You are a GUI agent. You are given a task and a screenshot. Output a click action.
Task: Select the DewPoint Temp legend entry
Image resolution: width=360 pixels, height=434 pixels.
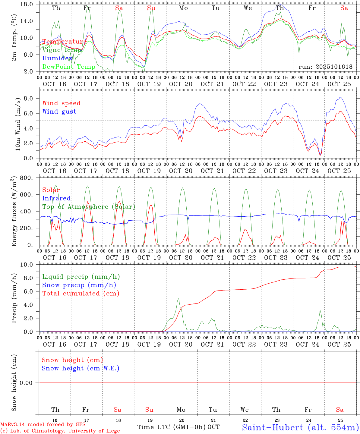pyautogui.click(x=69, y=67)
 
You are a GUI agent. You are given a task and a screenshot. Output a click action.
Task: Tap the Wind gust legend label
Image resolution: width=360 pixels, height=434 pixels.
pyautogui.click(x=59, y=112)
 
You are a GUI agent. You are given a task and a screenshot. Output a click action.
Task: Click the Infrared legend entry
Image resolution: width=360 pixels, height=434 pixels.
pyautogui.click(x=56, y=198)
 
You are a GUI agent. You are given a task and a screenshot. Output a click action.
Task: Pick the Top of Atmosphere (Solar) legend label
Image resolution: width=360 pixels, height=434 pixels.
pyautogui.click(x=89, y=207)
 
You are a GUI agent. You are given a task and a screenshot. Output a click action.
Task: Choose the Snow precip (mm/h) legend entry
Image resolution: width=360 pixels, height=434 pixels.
pyautogui.click(x=79, y=285)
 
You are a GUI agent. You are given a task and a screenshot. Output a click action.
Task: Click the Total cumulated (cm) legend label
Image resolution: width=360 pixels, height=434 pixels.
pyautogui.click(x=81, y=294)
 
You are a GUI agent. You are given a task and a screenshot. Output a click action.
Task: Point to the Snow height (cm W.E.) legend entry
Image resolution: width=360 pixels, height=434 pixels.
pyautogui.click(x=80, y=368)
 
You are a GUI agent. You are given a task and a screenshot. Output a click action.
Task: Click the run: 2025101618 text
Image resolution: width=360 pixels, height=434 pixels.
pyautogui.click(x=325, y=67)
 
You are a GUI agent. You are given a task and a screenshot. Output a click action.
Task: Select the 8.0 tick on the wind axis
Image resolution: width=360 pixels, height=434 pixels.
pyautogui.click(x=28, y=99)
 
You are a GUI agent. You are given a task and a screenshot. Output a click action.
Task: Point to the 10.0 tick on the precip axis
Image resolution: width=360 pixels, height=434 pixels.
pyautogui.click(x=26, y=265)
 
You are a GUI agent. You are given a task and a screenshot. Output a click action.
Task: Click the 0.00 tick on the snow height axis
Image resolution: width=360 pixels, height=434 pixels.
pyautogui.click(x=26, y=383)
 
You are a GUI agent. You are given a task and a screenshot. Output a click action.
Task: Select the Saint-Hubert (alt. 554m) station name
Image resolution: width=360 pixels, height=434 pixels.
pyautogui.click(x=300, y=427)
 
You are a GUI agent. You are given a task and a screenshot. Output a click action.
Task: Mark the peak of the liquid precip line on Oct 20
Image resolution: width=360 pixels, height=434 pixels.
pyautogui.click(x=178, y=298)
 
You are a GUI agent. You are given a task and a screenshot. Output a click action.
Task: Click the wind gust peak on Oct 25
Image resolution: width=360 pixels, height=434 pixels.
pyautogui.click(x=340, y=97)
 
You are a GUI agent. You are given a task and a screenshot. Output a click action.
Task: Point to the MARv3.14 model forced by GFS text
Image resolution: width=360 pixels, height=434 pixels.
pyautogui.click(x=43, y=425)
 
